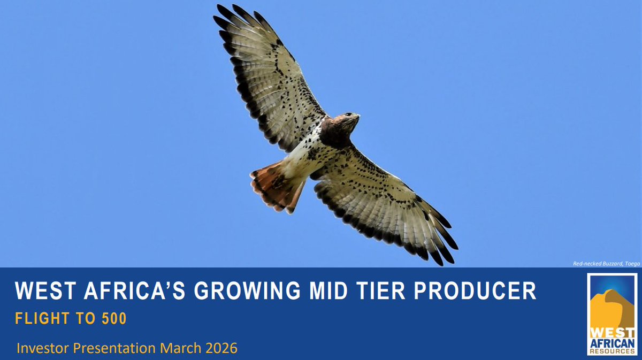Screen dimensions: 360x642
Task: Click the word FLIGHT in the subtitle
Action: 41,319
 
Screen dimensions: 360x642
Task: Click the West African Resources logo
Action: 612,314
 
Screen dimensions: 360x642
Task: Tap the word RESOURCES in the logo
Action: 612,351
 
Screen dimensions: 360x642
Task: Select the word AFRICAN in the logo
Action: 612,343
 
